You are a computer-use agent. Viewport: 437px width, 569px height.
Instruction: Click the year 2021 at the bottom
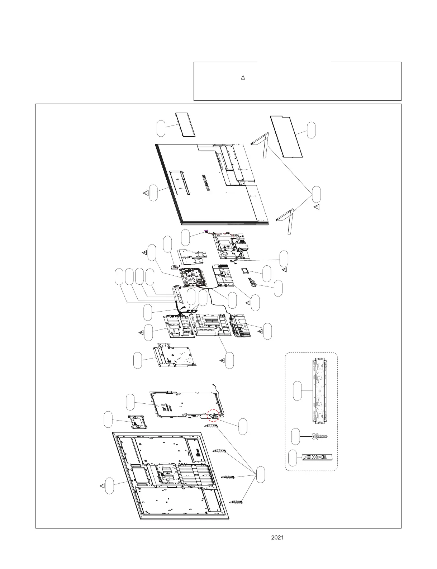277,537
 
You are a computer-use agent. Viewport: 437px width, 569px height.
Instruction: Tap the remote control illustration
317,458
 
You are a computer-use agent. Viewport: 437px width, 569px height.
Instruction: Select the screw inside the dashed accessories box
319,436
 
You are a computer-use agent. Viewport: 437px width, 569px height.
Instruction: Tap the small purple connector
206,232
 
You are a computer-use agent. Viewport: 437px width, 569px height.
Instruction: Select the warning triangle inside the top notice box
243,77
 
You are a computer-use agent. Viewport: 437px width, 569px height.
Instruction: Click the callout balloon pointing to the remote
293,458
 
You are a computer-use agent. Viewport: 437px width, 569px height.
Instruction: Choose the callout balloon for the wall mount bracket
297,390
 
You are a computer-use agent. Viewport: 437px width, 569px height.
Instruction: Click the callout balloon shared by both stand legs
316,194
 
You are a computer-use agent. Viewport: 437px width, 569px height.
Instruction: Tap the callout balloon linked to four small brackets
262,475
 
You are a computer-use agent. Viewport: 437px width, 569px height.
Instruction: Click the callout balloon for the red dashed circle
243,426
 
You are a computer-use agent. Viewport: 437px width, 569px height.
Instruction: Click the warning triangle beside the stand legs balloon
317,207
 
